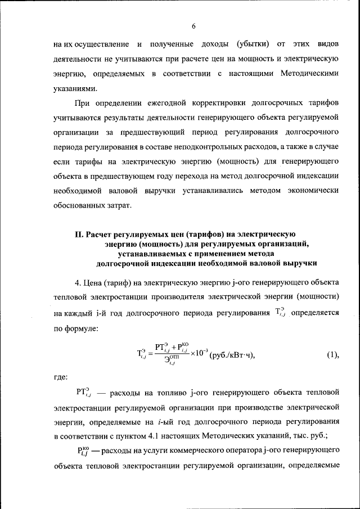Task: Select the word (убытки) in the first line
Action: click(253, 44)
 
